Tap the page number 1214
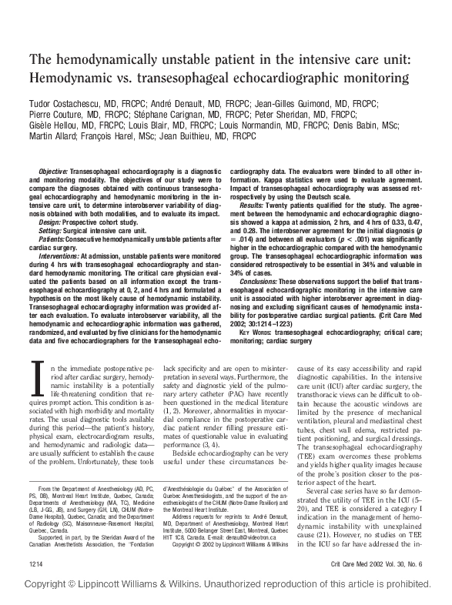[x=32, y=564]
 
